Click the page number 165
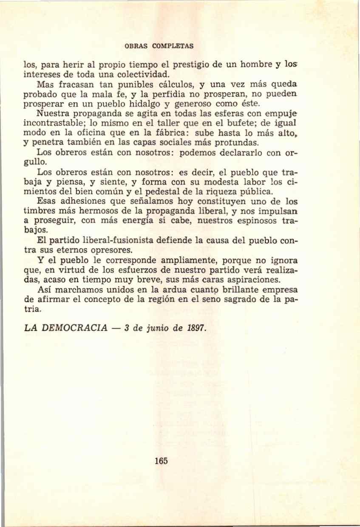tap(162, 460)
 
